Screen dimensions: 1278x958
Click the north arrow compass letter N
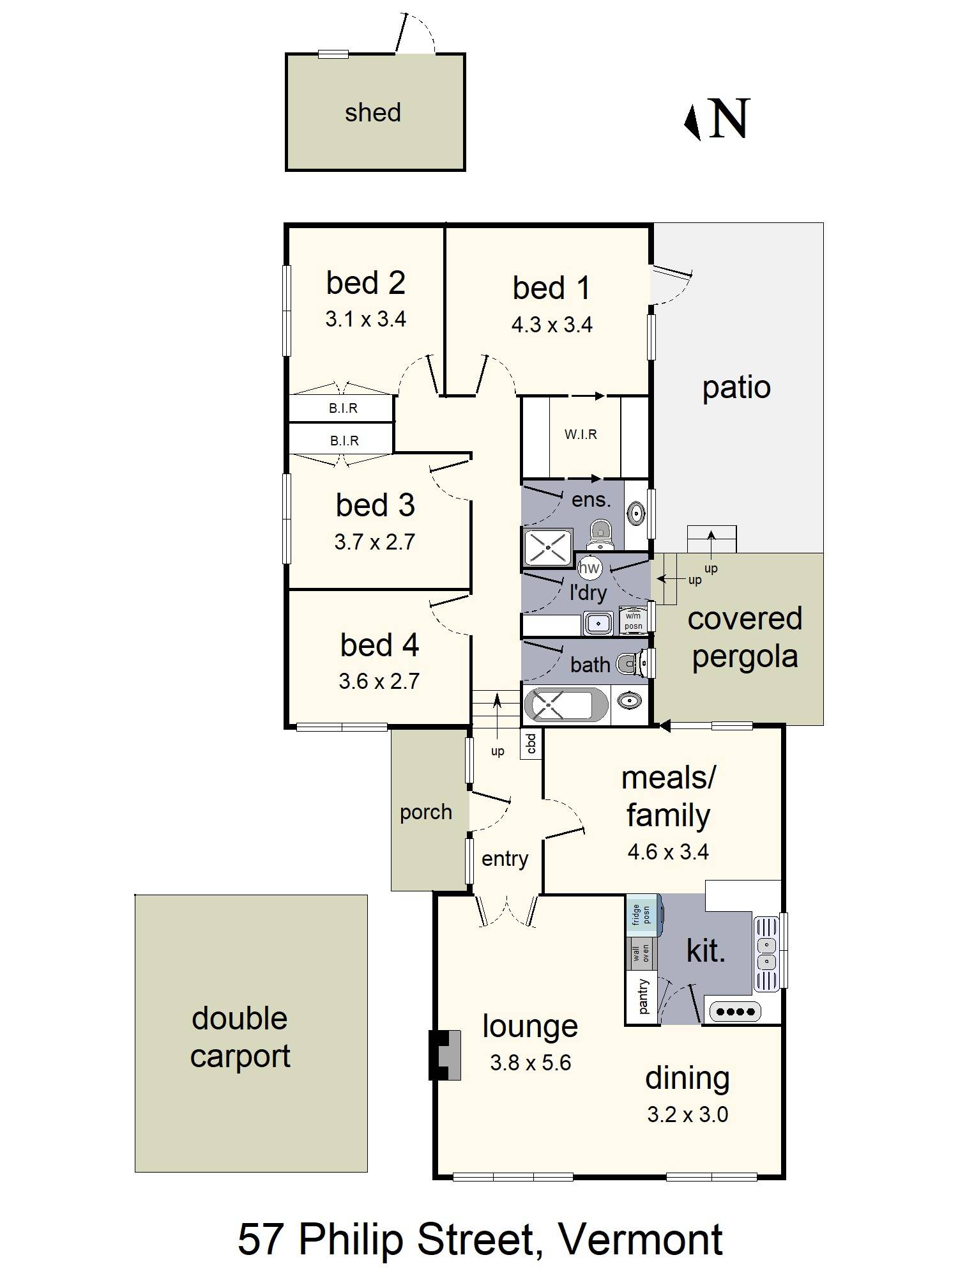click(729, 119)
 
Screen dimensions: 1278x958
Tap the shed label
click(373, 112)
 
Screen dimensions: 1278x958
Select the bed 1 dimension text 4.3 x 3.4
click(552, 325)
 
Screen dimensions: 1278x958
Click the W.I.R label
click(581, 435)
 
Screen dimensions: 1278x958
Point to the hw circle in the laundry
click(589, 567)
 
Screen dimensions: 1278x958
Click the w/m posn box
click(633, 621)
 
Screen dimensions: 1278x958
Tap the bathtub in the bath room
click(566, 704)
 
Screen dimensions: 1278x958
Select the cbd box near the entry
click(531, 743)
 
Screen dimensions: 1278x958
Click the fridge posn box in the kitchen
click(641, 915)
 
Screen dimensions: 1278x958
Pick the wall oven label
click(641, 953)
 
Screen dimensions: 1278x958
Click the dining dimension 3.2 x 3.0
click(687, 1114)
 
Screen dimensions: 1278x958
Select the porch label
click(426, 812)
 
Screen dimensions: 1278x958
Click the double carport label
click(240, 1036)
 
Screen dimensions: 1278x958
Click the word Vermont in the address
click(641, 1240)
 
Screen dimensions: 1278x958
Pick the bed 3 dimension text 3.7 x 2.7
click(374, 542)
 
